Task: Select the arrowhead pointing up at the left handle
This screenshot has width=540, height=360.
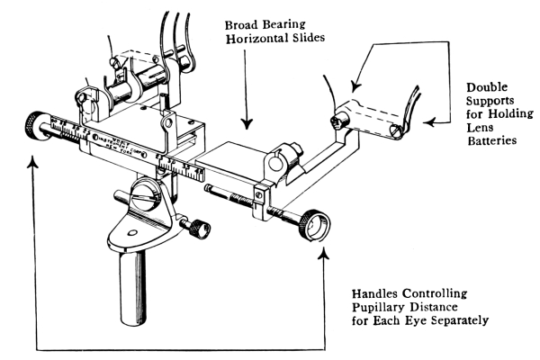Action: coord(33,160)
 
